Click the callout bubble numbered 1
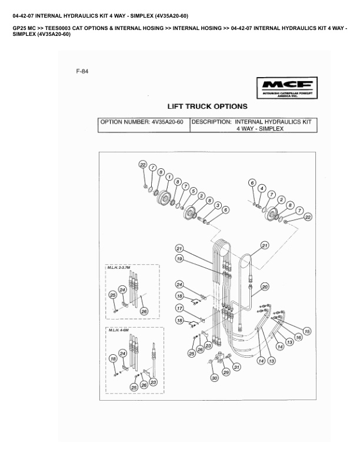point(169,176)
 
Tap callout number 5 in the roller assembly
point(194,191)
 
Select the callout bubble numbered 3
point(218,205)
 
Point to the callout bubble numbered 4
point(262,189)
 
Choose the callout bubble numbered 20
point(265,287)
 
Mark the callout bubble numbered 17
point(179,308)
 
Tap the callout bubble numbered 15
point(306,332)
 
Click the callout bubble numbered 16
point(298,337)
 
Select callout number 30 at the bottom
point(215,378)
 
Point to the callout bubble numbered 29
point(226,372)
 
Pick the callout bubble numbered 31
point(237,367)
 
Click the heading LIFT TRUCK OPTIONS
point(207,106)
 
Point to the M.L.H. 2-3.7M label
point(119,268)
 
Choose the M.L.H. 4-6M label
point(117,331)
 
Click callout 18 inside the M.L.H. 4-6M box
point(112,358)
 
